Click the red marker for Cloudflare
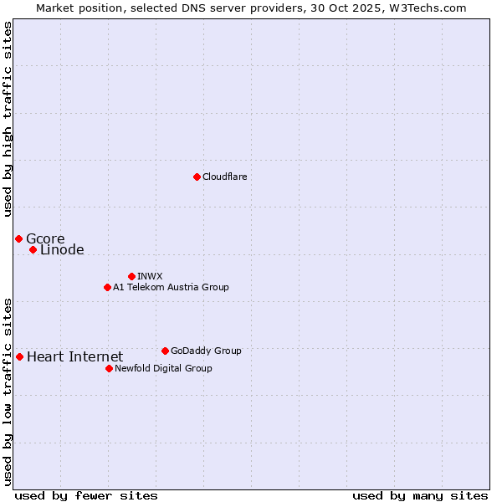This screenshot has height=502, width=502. click(x=197, y=177)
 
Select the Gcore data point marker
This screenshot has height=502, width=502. click(x=18, y=239)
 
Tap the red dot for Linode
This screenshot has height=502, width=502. click(x=33, y=250)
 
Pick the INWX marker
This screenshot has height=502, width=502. click(x=131, y=276)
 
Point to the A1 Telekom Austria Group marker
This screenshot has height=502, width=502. click(x=107, y=287)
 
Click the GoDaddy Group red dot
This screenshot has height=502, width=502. click(x=165, y=351)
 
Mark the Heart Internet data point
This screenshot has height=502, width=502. click(x=19, y=357)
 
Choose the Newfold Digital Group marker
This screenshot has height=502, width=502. click(x=109, y=368)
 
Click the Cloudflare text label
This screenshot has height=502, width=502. click(x=224, y=177)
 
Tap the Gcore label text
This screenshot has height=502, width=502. click(x=45, y=239)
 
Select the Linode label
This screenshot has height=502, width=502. click(x=62, y=250)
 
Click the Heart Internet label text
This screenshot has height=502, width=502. click(x=74, y=357)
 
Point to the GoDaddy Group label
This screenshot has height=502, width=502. click(x=206, y=351)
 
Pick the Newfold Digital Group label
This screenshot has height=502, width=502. click(x=163, y=368)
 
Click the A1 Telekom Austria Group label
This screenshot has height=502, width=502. click(x=171, y=287)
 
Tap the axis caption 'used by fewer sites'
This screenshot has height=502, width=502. click(x=86, y=495)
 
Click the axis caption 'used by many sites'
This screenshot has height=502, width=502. click(x=420, y=495)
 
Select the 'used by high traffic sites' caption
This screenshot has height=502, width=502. click(x=8, y=119)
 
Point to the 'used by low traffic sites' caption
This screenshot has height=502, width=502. click(x=8, y=391)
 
